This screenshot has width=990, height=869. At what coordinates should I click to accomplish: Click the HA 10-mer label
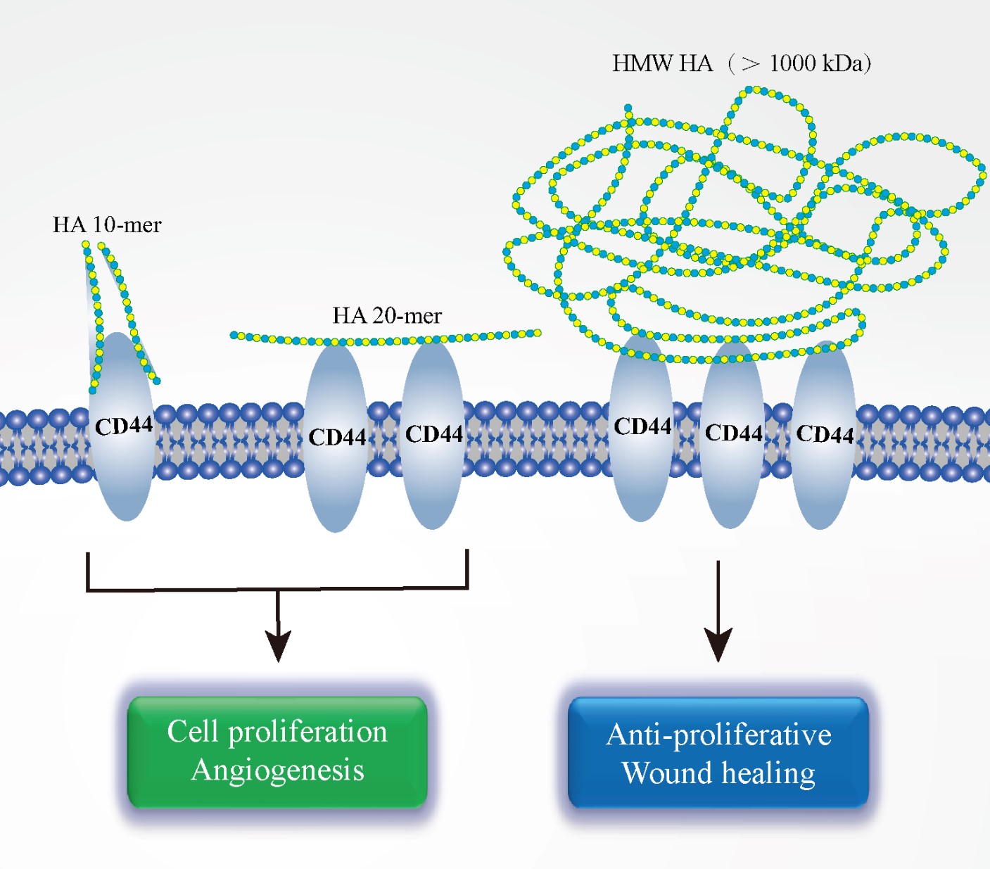pos(107,225)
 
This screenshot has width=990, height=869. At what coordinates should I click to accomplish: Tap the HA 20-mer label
pos(387,316)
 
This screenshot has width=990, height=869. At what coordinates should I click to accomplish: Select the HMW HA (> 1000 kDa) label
pos(741,64)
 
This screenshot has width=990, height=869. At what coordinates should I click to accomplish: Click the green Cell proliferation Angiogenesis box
pos(277,751)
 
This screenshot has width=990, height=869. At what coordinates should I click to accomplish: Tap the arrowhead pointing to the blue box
pos(718,644)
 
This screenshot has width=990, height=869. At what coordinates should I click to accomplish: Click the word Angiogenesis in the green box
pos(278,770)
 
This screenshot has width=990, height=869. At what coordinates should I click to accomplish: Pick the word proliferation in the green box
pos(308,732)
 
